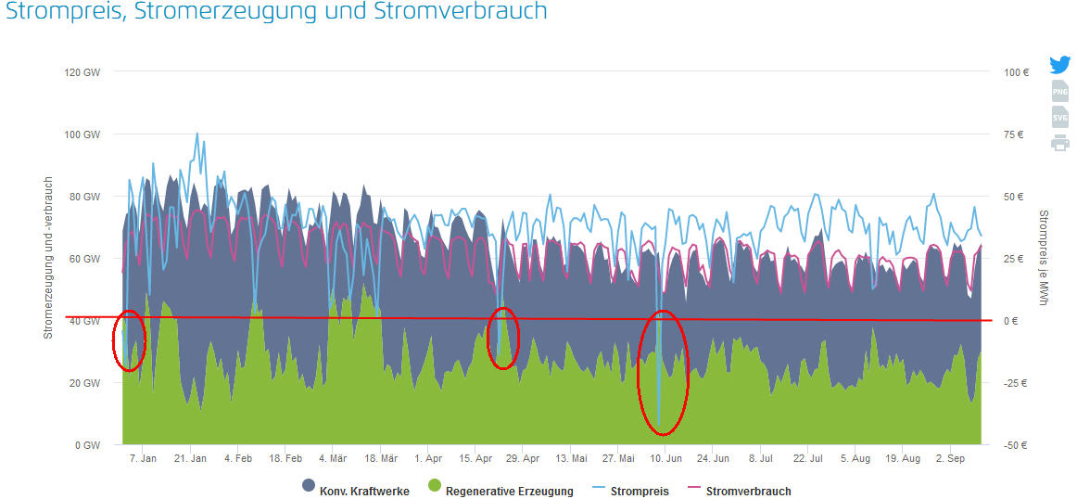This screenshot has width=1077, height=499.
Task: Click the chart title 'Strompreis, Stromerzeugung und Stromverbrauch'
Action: (x=276, y=12)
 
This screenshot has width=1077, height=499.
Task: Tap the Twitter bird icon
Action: (x=1060, y=65)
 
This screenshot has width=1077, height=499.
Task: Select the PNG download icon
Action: (x=1060, y=91)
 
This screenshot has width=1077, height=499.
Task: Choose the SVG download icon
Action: (x=1060, y=117)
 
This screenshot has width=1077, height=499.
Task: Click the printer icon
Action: (x=1060, y=143)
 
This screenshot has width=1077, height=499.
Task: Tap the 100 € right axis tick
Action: (x=1016, y=72)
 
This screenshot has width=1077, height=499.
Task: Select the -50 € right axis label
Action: (x=1016, y=445)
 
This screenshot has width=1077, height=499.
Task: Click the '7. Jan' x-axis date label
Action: (x=142, y=459)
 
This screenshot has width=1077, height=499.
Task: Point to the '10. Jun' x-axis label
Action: (x=665, y=459)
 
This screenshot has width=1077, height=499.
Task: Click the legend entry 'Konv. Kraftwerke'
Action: (x=357, y=491)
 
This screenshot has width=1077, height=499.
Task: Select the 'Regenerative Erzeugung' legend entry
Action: (x=500, y=491)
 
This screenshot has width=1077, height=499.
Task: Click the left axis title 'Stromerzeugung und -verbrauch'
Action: (x=48, y=258)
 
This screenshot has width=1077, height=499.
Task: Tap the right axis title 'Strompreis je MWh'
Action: (x=1044, y=258)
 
